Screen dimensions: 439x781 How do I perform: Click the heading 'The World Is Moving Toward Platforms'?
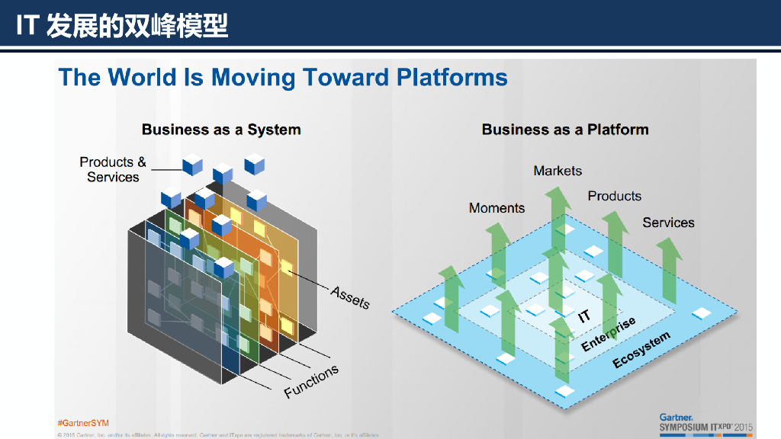click(x=283, y=77)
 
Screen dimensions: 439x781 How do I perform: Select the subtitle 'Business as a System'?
click(x=221, y=130)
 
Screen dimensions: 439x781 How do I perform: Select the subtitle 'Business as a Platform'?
click(x=565, y=130)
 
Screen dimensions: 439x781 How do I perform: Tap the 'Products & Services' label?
click(x=113, y=169)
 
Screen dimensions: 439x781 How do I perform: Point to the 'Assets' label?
click(x=350, y=297)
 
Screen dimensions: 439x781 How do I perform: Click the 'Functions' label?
click(x=311, y=382)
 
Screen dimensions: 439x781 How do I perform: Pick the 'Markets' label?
click(x=558, y=171)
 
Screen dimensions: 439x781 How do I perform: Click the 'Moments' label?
click(x=497, y=208)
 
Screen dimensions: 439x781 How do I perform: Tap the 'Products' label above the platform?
click(x=614, y=196)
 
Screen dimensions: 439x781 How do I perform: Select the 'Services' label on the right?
click(x=668, y=223)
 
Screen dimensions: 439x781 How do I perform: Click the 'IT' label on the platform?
click(x=584, y=316)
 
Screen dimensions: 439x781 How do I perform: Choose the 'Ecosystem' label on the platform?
click(x=641, y=350)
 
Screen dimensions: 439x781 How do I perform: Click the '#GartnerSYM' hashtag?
click(x=83, y=422)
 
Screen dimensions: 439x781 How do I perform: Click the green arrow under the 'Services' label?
click(x=669, y=271)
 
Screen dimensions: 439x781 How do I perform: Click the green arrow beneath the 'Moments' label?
click(x=498, y=252)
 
